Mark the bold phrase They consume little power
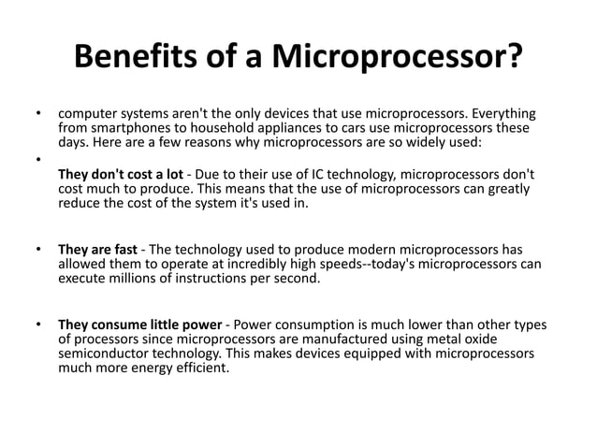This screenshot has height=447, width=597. click(x=139, y=324)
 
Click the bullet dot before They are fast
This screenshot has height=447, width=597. click(x=38, y=250)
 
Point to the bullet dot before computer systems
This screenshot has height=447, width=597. click(x=38, y=112)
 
